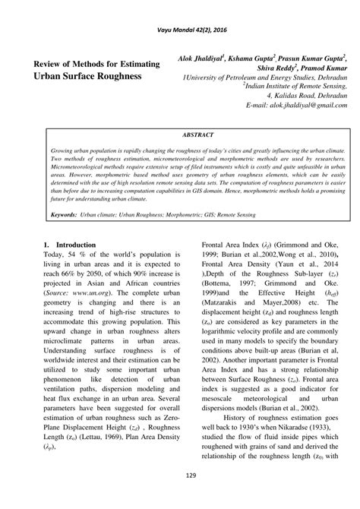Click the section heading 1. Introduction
click(x=70, y=245)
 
